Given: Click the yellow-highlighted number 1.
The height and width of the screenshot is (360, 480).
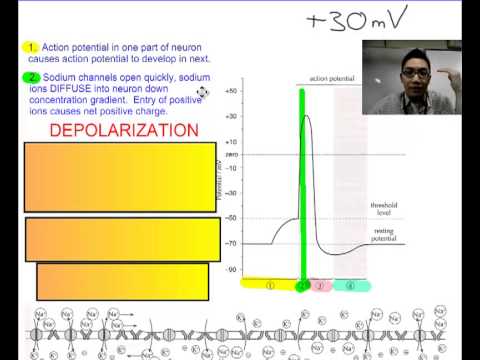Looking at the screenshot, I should [x=32, y=47].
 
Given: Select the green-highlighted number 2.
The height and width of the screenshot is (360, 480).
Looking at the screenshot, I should [x=32, y=76].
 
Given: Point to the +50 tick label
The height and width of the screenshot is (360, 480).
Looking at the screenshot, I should [x=231, y=91].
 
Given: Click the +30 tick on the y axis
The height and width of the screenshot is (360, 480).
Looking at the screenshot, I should [x=231, y=116].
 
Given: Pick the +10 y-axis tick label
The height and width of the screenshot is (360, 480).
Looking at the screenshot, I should [x=231, y=142].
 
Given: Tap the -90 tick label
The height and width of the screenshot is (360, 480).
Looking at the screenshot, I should [x=232, y=269].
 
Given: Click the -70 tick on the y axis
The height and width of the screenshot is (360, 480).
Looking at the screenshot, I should [x=232, y=243].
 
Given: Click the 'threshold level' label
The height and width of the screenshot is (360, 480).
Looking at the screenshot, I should [x=384, y=208].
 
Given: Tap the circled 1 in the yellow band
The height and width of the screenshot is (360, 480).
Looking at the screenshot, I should [x=270, y=285].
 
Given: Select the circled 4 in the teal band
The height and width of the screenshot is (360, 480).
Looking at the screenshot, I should [x=350, y=285].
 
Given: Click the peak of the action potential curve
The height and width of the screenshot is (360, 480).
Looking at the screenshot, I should [x=306, y=117].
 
